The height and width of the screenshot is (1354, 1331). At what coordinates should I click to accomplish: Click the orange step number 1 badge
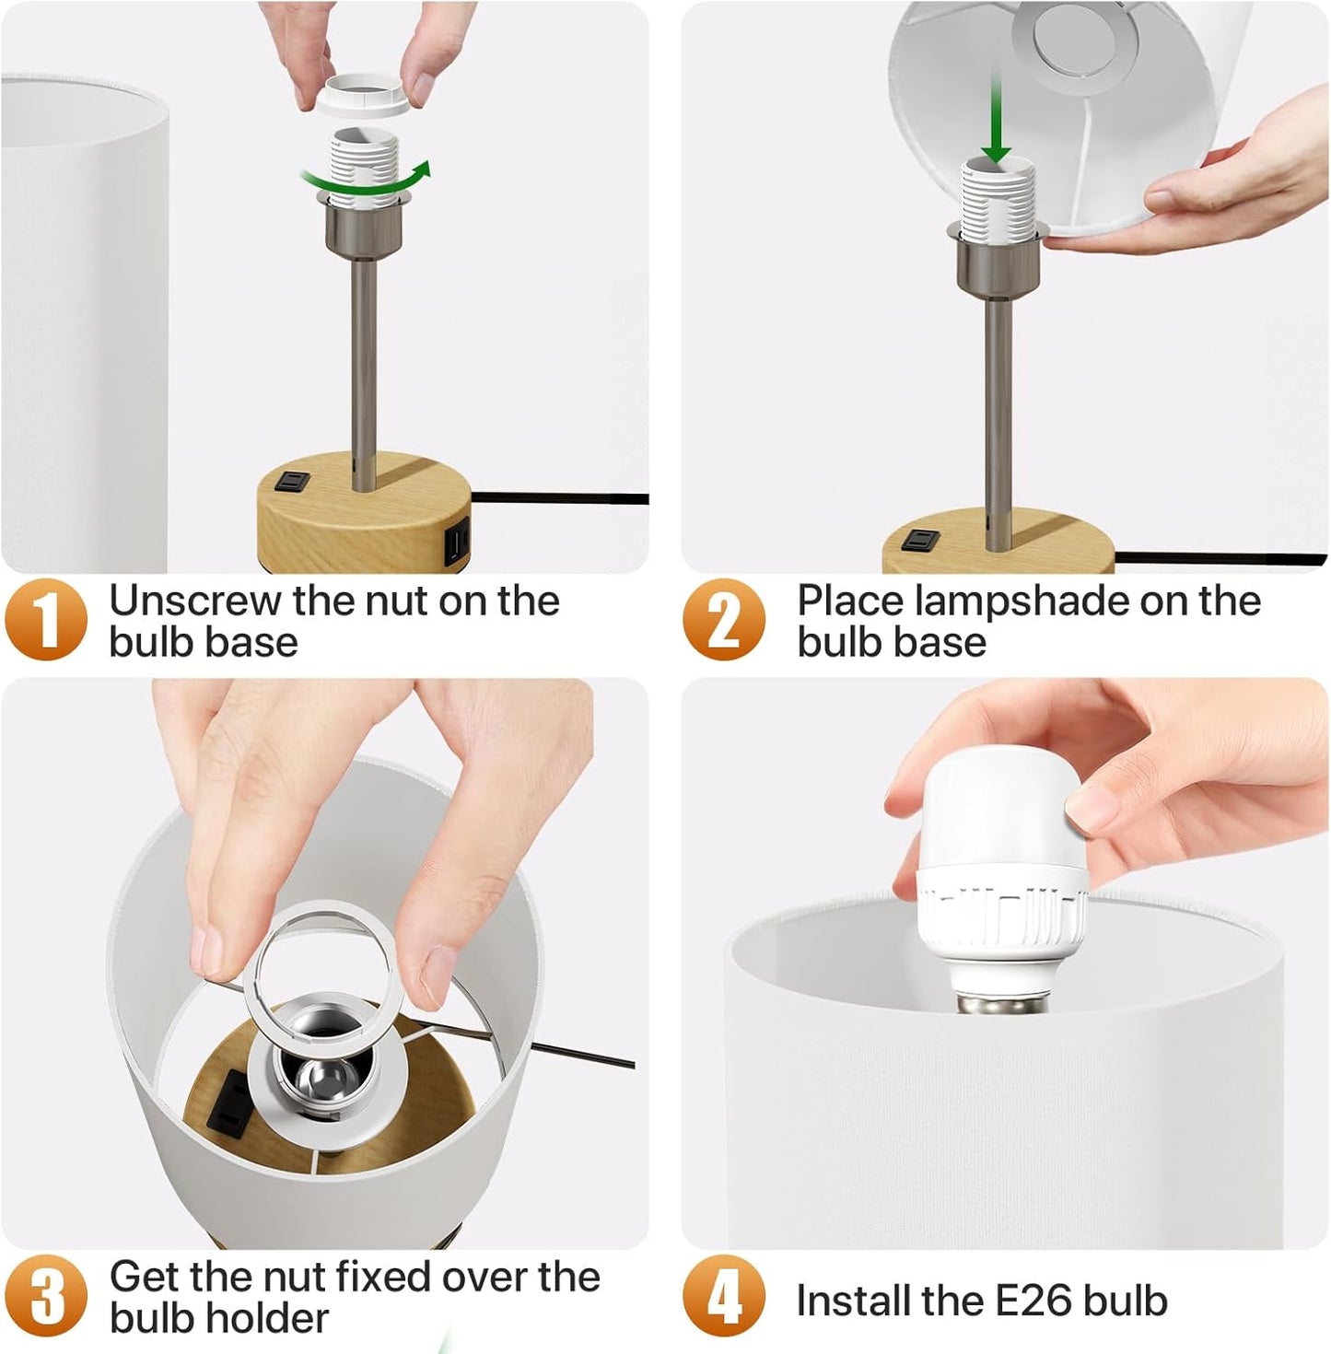(46, 619)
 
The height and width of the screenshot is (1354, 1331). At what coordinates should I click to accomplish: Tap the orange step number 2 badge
(724, 619)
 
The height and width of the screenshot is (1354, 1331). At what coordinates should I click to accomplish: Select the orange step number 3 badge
(46, 1296)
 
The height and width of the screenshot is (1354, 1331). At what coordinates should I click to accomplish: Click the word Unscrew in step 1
(196, 601)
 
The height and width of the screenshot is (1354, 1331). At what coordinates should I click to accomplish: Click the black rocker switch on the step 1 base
(293, 482)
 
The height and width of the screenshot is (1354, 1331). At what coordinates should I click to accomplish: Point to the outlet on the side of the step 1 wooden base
(457, 543)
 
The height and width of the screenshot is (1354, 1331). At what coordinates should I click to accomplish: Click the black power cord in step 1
(560, 497)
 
